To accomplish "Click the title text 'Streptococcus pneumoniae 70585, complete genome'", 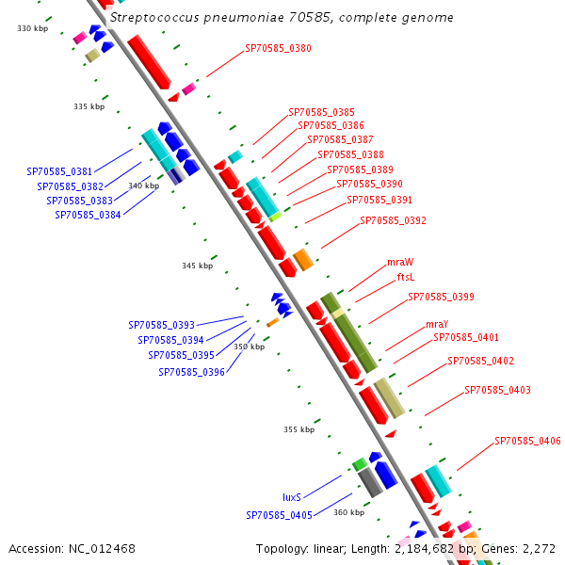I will coord(281,18).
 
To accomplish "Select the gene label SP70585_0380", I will coord(278,48).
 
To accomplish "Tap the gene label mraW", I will coord(400,262).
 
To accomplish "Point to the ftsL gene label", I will coord(405,277).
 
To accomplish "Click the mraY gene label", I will coord(412,324).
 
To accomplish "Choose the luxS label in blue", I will coord(292,497).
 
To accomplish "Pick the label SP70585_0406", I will coord(527,441).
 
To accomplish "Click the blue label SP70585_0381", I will coord(59,171).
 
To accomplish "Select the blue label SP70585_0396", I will coord(191,372).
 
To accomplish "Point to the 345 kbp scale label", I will coord(197,266).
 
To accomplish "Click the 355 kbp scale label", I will coord(299,429).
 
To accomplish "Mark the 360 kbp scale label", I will coord(348,512).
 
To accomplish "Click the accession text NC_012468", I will coord(73,548).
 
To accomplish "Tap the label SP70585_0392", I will coord(393,220).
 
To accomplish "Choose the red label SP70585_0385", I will coord(321,111).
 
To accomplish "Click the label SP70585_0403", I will coord(497,390).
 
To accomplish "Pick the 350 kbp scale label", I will coord(249,347).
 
